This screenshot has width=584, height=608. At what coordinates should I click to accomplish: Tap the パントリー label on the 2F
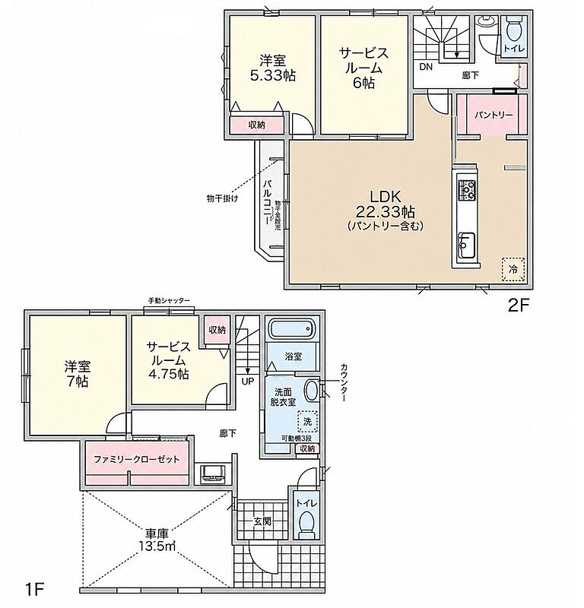[494, 116]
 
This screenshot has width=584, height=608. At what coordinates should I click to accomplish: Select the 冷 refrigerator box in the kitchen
[513, 269]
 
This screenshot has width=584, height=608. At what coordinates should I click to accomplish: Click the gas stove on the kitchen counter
[466, 190]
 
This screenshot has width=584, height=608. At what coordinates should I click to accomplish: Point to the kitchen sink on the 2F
[466, 245]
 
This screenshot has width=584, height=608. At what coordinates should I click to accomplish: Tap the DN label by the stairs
[426, 67]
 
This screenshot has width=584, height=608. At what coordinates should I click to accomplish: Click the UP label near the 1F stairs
[248, 382]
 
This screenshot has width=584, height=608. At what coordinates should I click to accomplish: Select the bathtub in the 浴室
[292, 330]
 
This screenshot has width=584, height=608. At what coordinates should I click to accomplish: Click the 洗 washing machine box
[308, 422]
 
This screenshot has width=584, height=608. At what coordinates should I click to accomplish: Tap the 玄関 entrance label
[262, 521]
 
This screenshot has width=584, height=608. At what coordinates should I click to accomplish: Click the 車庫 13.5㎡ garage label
[157, 540]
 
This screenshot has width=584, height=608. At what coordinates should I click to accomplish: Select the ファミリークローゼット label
[137, 460]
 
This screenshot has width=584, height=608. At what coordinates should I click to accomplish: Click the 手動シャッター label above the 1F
[169, 300]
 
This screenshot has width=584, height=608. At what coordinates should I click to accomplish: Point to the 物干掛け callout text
[222, 199]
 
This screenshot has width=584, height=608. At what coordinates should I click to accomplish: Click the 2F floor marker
[519, 306]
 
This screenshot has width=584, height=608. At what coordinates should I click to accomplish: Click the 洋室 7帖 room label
[78, 374]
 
